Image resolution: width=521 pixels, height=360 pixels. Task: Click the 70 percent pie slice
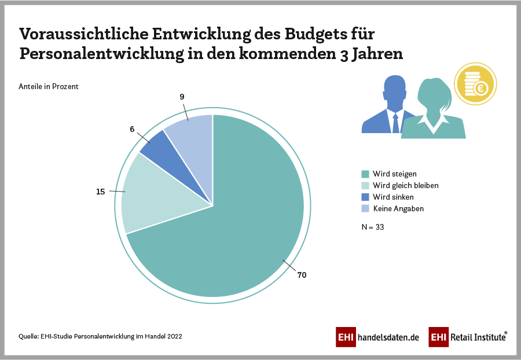243,243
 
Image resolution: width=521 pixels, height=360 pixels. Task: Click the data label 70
302,275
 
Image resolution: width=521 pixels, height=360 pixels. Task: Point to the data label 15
101,192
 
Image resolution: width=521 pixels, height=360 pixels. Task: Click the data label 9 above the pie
182,97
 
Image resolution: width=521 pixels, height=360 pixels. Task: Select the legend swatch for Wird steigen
365,174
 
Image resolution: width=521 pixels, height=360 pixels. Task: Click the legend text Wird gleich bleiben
405,185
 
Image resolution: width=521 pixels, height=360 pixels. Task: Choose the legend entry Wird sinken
394,197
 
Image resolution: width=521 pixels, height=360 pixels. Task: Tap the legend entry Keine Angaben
398,208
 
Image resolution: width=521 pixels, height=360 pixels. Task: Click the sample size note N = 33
373,227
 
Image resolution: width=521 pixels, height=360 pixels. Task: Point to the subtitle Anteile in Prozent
49,87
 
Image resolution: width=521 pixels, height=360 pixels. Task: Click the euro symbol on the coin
480,89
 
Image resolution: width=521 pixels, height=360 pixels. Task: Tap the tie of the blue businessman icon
395,123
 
